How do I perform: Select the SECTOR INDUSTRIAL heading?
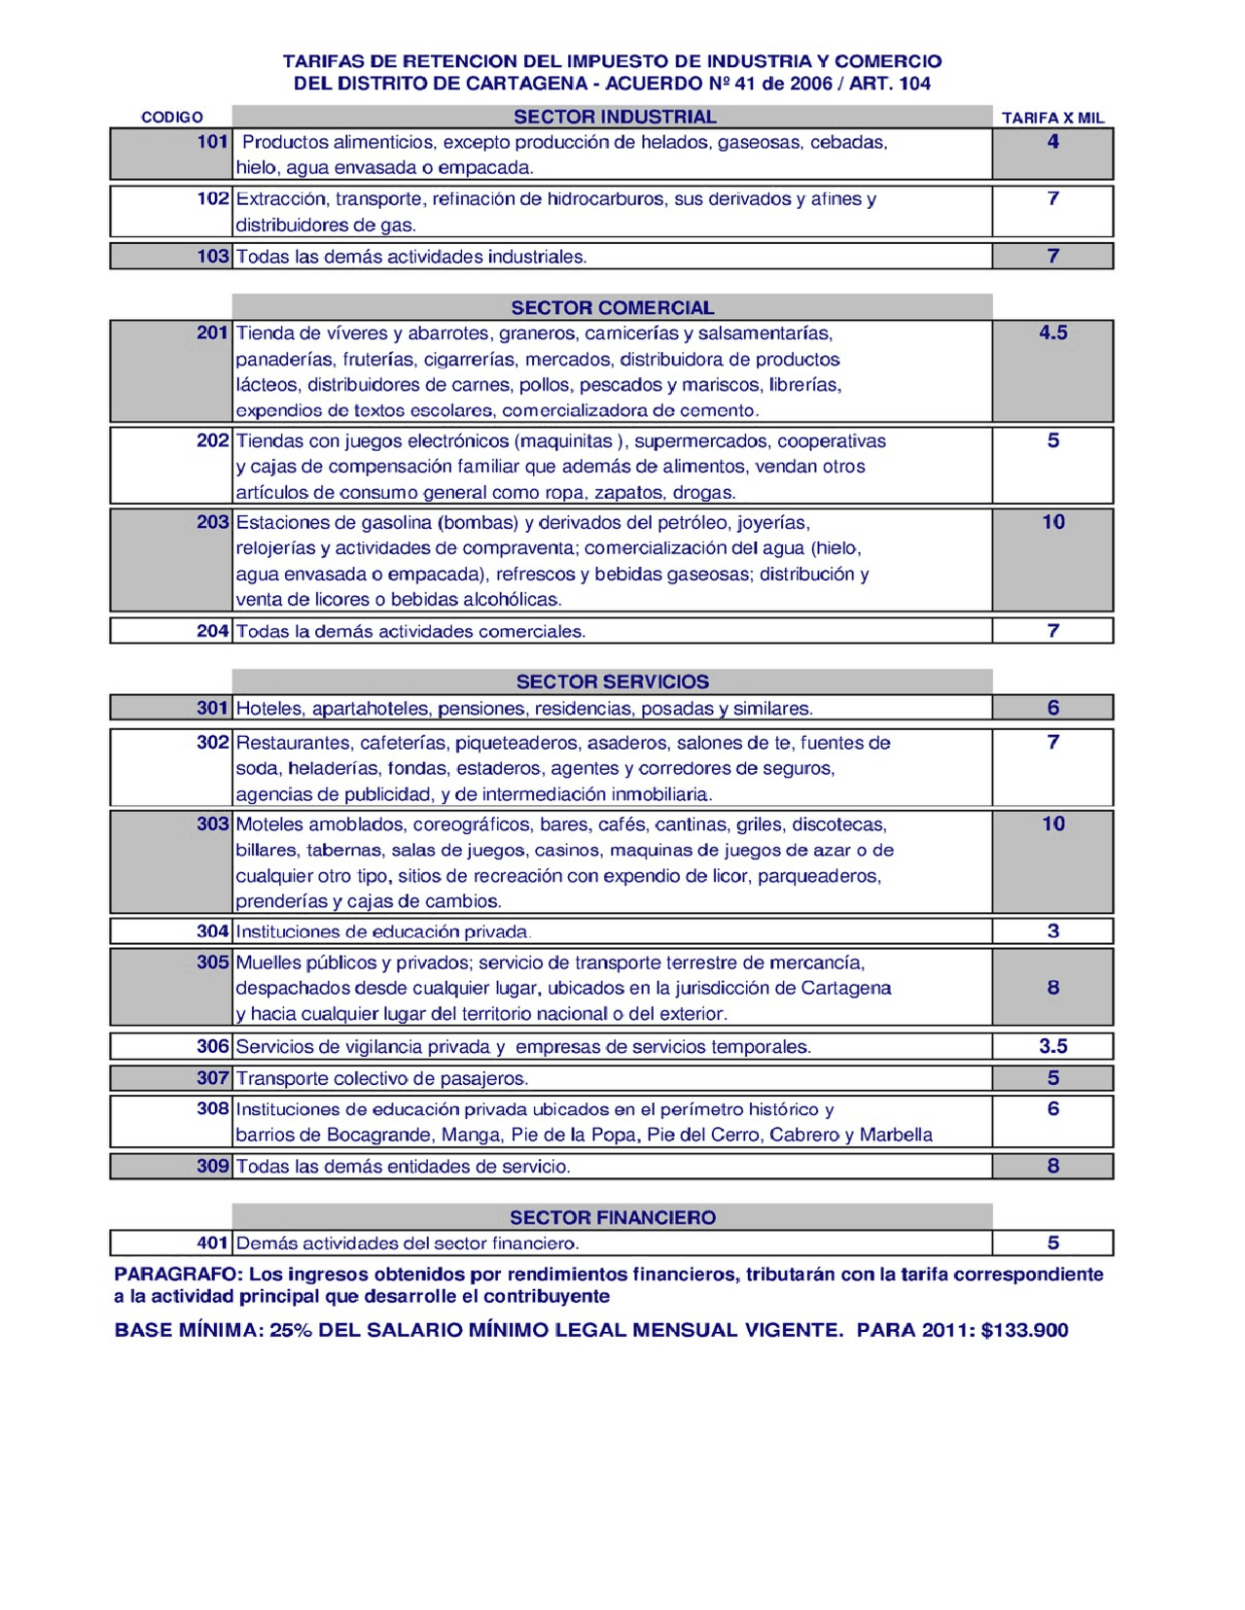(614, 117)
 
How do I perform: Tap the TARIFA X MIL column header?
(1052, 118)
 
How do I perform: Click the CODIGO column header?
(172, 118)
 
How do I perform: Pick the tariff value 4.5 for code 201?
(1052, 332)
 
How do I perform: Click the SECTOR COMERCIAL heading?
(612, 307)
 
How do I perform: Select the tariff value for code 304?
(1052, 930)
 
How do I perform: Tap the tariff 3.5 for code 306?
(1052, 1046)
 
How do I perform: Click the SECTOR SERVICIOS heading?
(612, 682)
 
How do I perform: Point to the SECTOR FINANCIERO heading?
(612, 1217)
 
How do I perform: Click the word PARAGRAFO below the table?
(176, 1274)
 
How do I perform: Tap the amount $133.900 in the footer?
(1024, 1330)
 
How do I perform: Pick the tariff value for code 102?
(1052, 198)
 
